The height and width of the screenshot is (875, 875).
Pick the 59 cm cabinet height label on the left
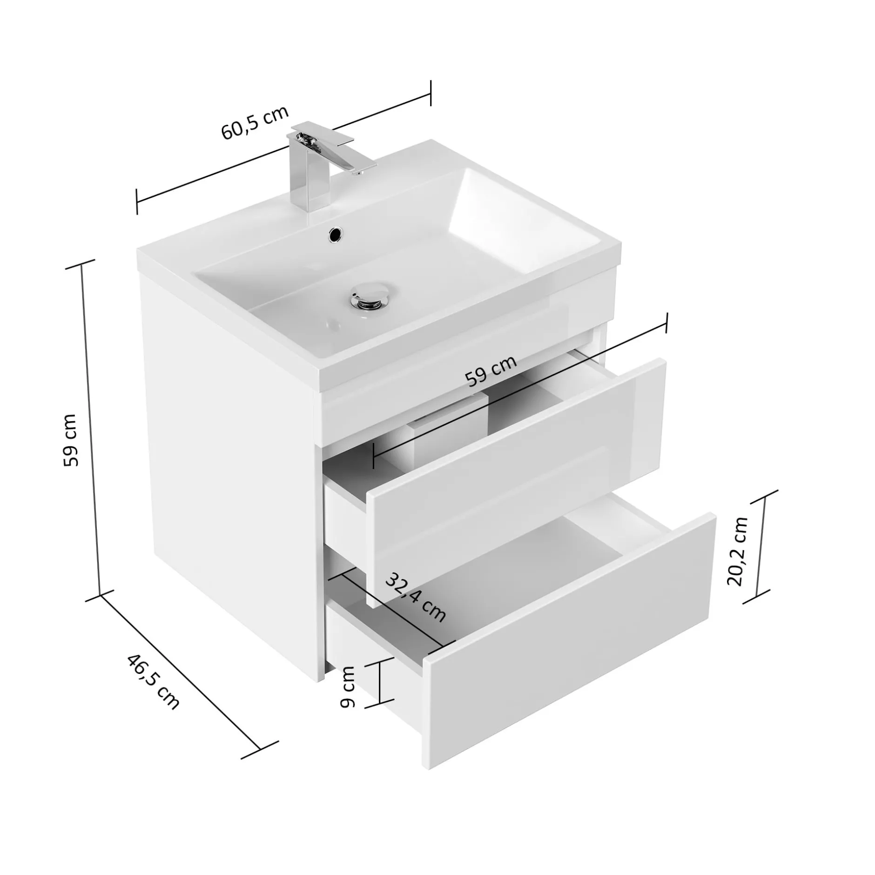point(71,439)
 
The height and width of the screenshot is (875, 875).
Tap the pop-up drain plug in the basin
point(368,295)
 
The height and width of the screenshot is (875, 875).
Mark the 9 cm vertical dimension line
point(380,682)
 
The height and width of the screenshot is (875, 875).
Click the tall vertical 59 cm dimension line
point(91,428)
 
